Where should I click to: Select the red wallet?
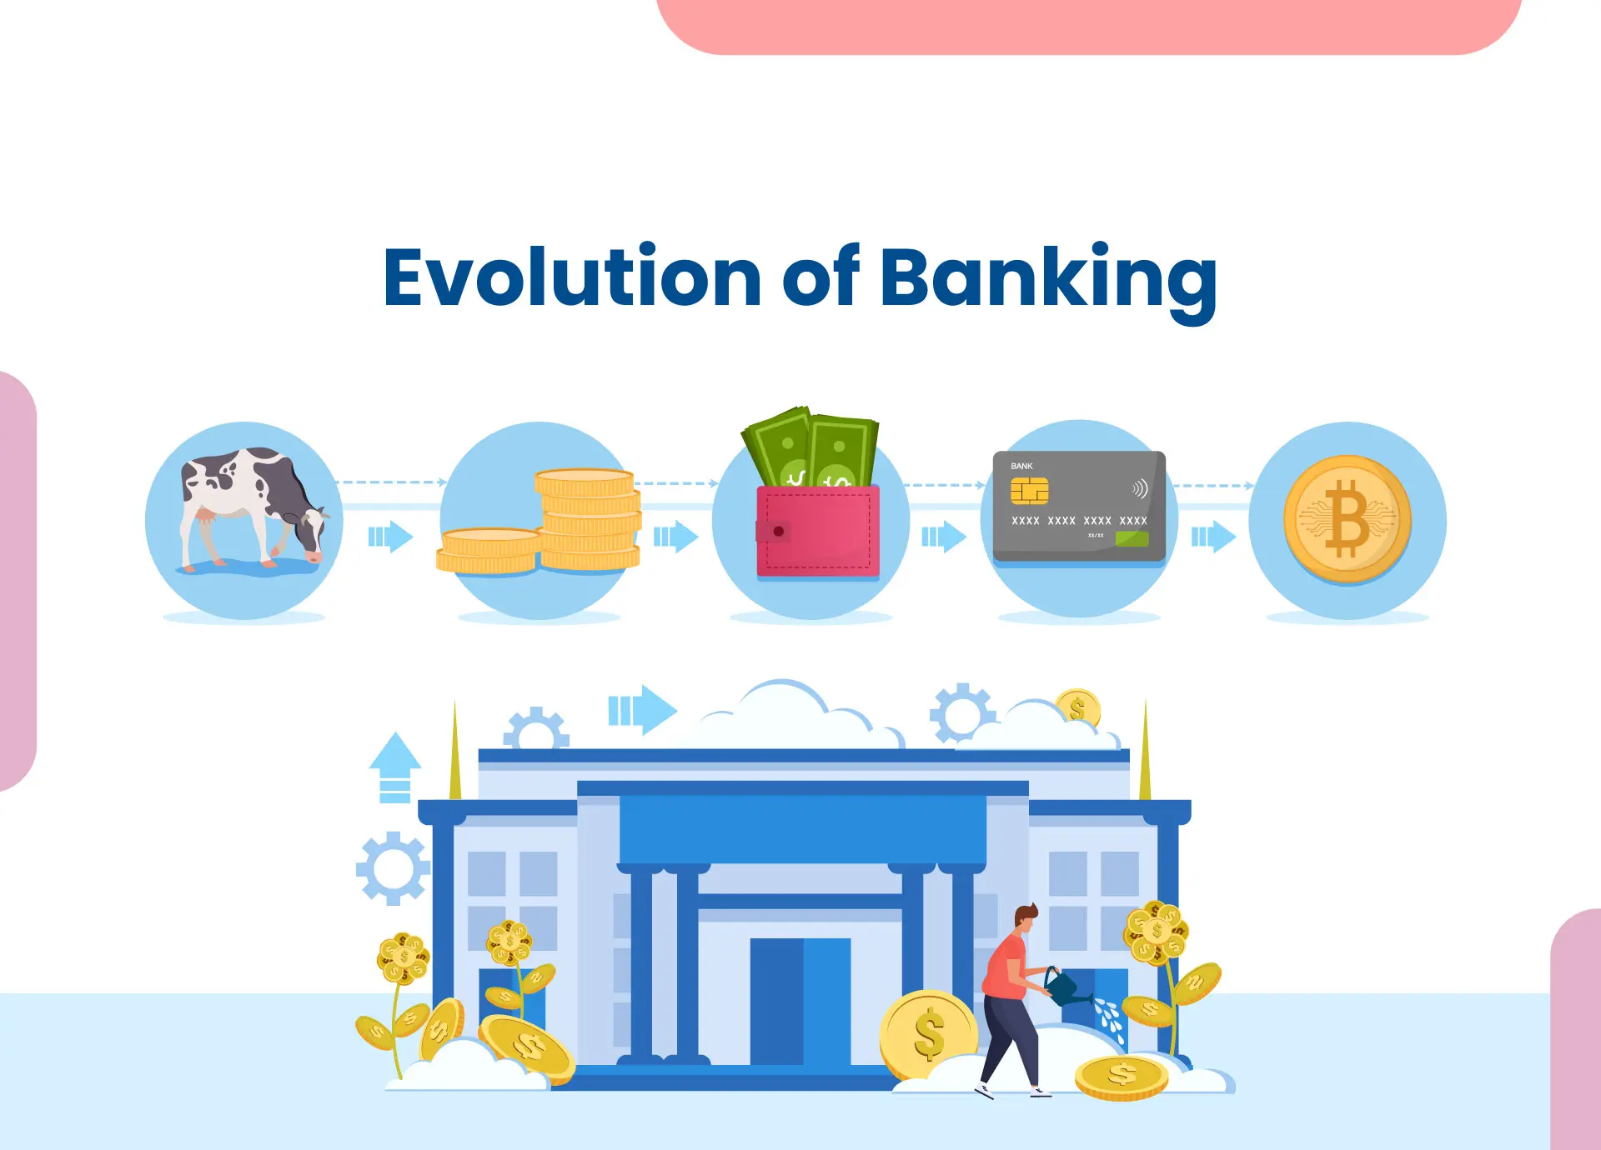817,532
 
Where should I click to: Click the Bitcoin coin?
1347,519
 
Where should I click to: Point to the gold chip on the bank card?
1029,492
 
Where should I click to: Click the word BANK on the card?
1021,467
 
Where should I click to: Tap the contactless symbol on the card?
1140,488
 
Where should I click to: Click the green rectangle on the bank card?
1132,538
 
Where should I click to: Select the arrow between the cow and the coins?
390,537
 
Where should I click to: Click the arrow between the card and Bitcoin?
1212,537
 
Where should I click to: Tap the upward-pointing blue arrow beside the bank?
395,767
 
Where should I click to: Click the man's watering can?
1064,987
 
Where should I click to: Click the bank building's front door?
800,1000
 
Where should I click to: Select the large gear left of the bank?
393,868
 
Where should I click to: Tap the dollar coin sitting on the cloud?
1077,708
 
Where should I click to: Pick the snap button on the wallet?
778,531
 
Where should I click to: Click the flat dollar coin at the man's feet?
1122,1077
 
